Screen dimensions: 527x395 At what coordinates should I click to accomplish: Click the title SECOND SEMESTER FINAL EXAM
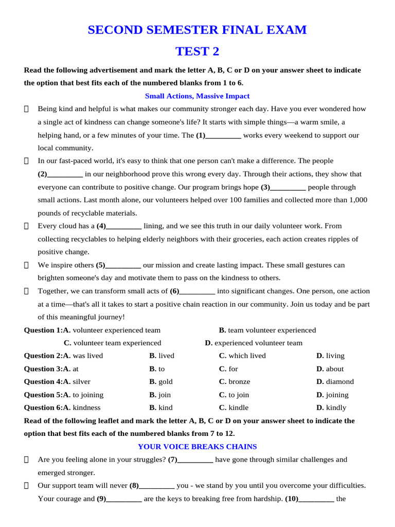tap(197, 30)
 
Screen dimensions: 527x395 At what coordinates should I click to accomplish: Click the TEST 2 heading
tap(197, 51)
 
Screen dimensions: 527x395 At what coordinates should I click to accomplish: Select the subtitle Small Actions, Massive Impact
tap(197, 96)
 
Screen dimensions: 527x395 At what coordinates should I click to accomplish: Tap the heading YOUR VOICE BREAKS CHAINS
tap(197, 447)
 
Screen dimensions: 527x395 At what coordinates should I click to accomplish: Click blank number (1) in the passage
tap(218, 135)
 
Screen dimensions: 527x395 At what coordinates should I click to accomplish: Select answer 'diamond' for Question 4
tap(339, 382)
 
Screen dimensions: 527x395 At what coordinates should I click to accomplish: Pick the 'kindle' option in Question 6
tap(238, 408)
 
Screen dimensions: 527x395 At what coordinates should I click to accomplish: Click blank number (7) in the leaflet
tap(190, 460)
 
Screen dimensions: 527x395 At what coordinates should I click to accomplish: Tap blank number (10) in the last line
tap(316, 499)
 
